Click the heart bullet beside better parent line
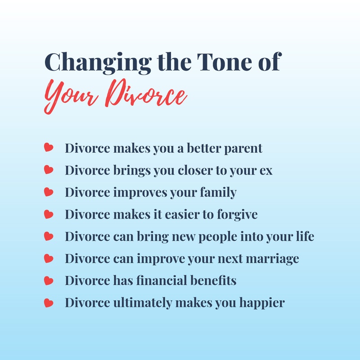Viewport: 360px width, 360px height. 49,148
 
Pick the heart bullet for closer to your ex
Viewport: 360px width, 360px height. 49,170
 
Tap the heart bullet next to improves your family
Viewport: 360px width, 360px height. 49,192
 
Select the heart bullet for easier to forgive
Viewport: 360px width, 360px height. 49,214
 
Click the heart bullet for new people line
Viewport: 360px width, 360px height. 49,236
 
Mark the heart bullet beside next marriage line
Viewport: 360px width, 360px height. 49,258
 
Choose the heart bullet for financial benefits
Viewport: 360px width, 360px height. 49,280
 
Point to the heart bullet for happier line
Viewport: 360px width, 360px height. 49,302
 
